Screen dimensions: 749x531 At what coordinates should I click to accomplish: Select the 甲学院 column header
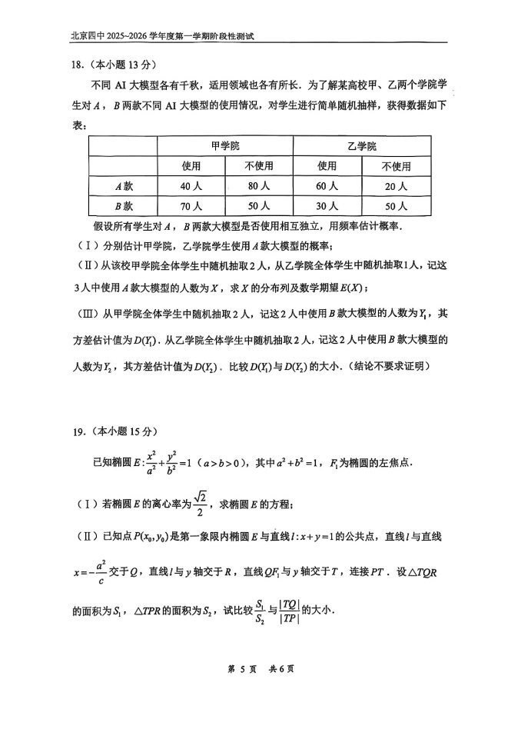pyautogui.click(x=224, y=145)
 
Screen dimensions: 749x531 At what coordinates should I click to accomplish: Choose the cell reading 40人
pyautogui.click(x=191, y=186)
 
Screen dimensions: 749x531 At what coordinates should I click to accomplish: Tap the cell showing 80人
pyautogui.click(x=258, y=186)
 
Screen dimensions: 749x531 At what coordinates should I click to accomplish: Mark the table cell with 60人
pyautogui.click(x=327, y=186)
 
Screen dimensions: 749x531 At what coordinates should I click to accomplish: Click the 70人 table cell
pyautogui.click(x=191, y=206)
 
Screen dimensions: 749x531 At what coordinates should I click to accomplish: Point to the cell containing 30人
pyautogui.click(x=327, y=206)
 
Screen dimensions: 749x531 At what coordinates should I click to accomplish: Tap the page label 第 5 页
pyautogui.click(x=243, y=668)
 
